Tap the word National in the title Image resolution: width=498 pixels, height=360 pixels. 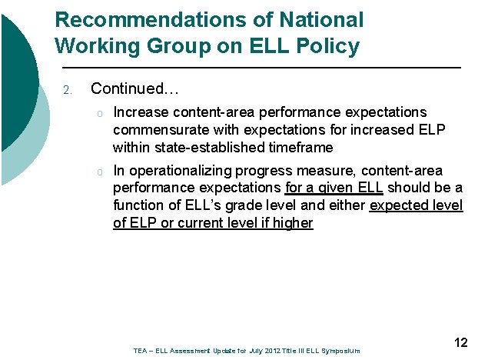coord(317,19)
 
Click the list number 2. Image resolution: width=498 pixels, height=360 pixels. coord(68,91)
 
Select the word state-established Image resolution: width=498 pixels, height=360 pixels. coord(204,147)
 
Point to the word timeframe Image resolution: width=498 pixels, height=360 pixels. coord(301,147)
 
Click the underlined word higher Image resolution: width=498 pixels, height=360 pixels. coord(293,223)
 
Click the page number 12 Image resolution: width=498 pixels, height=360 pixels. coord(461,342)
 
